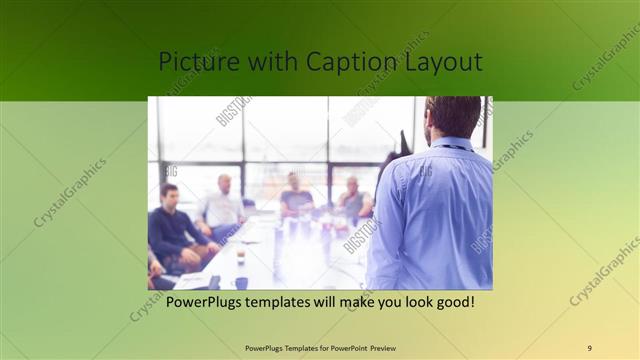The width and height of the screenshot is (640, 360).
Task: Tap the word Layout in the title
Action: [440, 62]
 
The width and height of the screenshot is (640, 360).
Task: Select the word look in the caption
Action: [408, 301]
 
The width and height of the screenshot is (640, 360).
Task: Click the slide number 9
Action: [589, 347]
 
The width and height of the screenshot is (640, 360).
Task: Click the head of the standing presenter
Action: [453, 115]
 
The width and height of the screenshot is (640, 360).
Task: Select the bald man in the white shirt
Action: [221, 205]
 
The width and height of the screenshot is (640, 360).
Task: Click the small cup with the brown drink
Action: [240, 258]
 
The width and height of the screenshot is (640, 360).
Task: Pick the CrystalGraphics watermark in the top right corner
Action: [605, 58]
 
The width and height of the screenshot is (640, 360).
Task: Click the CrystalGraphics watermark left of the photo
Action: [70, 192]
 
